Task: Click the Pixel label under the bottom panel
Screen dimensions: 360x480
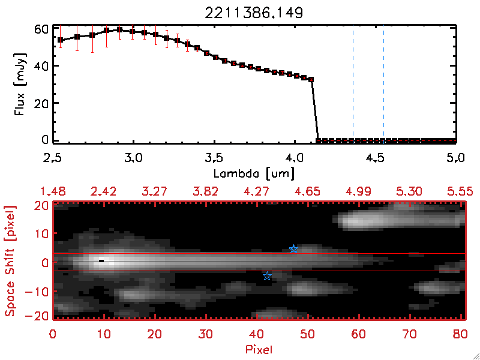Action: point(259,349)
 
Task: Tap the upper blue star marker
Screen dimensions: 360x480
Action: point(293,249)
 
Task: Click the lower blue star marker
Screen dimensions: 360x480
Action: point(268,276)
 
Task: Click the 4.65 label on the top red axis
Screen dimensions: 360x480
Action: point(307,191)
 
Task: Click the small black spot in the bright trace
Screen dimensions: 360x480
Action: point(101,261)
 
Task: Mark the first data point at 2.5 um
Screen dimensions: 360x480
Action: point(60,40)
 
